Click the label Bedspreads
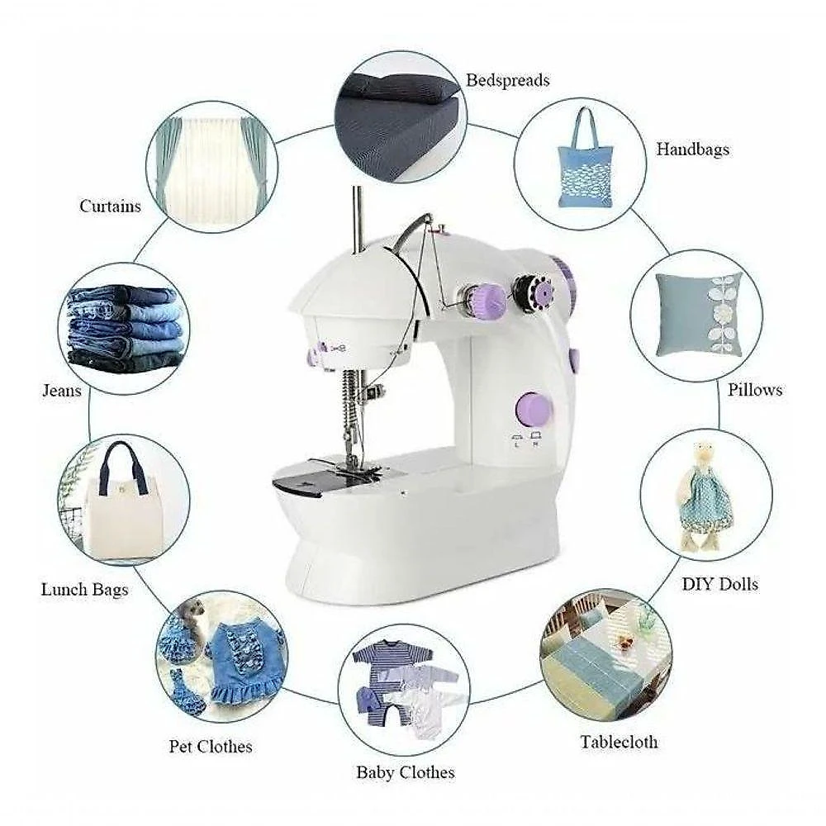click(508, 81)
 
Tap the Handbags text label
click(693, 150)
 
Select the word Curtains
click(110, 206)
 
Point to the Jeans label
click(62, 391)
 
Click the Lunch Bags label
click(85, 589)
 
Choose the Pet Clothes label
click(211, 746)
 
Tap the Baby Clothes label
click(406, 772)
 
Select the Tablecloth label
click(619, 742)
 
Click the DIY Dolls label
click(720, 584)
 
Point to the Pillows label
click(755, 390)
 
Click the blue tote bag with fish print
click(585, 158)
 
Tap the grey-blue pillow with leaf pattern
click(699, 315)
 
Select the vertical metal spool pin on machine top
click(358, 219)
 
